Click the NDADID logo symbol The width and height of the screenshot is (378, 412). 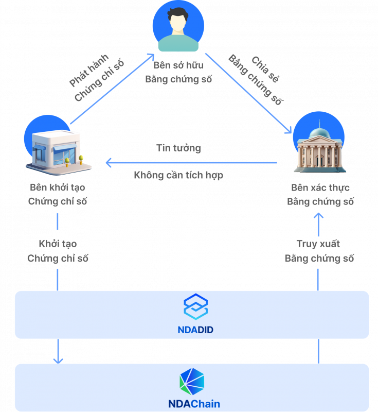click(195, 307)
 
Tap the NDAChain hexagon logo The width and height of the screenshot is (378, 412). click(191, 382)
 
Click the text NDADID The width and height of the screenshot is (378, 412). click(192, 330)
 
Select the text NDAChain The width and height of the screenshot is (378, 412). click(194, 404)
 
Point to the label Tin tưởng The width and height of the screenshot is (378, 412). click(178, 148)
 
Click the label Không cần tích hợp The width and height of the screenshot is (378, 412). click(178, 175)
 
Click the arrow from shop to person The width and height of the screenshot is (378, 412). click(112, 89)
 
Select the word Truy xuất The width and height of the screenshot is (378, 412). click(318, 244)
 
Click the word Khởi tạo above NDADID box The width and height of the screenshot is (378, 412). click(58, 244)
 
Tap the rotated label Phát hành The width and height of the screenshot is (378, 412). click(87, 71)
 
